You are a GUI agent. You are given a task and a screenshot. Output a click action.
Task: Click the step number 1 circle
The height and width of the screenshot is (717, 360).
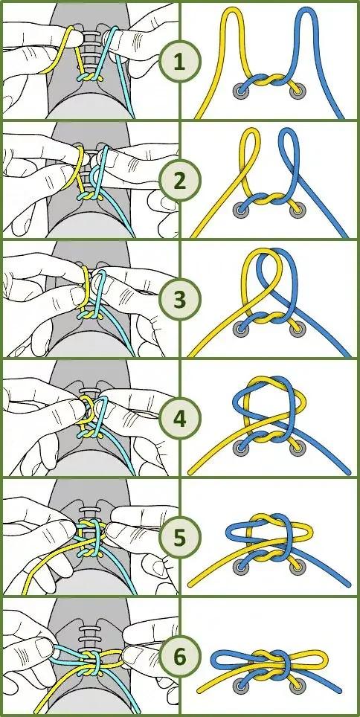coord(179,62)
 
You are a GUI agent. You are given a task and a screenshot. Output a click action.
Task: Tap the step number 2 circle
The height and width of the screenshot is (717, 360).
coord(179,181)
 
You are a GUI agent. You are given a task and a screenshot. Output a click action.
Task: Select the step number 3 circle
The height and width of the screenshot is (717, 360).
coord(179,300)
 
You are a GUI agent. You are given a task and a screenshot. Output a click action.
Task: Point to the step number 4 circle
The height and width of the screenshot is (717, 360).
coord(179,419)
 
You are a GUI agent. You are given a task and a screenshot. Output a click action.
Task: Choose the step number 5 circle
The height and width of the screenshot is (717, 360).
coord(179,538)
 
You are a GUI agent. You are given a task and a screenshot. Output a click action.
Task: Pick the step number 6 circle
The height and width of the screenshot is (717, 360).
coord(179,657)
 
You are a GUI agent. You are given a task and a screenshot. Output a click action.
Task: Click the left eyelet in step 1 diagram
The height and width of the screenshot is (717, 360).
coord(240,91)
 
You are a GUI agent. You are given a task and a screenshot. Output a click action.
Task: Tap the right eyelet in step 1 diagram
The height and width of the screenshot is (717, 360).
coord(297,91)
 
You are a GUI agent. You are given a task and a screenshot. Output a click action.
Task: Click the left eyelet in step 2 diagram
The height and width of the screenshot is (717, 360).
coord(240,210)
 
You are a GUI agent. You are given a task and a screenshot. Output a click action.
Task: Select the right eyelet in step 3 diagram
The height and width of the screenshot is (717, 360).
coord(297,329)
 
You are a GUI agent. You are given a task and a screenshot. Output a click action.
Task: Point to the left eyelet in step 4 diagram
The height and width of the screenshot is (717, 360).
coord(240,448)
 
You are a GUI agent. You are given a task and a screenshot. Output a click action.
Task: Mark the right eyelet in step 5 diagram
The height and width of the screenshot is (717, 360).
coord(297,568)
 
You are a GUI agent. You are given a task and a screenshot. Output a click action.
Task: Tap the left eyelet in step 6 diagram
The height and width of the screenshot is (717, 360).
coord(240,686)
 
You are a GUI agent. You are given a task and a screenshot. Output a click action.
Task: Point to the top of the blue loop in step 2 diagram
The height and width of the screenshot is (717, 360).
coord(287,130)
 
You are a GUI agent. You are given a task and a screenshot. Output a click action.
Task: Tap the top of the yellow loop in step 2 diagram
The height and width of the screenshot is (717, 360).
coord(250,130)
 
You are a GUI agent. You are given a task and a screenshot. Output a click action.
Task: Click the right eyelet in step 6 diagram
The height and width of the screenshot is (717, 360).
coord(297,686)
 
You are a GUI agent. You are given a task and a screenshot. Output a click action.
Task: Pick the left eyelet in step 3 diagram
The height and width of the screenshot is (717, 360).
coord(240,329)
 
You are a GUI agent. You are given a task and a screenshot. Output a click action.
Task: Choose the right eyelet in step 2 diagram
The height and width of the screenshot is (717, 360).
coord(297,210)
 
